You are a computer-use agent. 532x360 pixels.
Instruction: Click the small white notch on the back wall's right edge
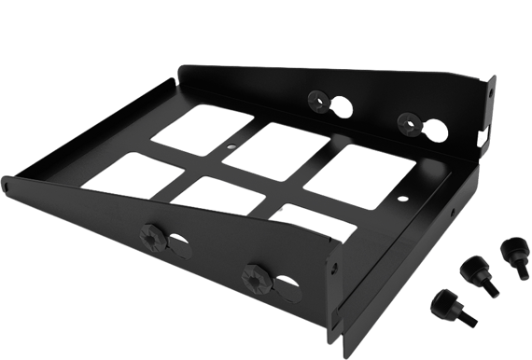tap(483, 136)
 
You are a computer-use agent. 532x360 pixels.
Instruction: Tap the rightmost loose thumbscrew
tap(511, 251)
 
